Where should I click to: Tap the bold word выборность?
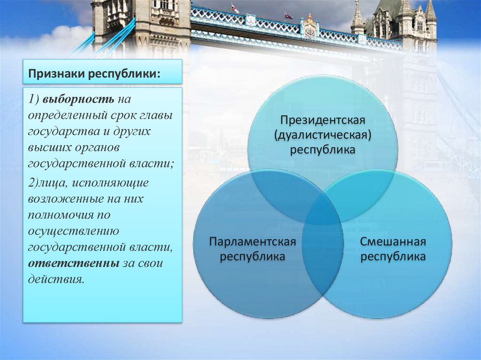click(x=79, y=100)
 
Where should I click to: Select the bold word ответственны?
click(x=73, y=263)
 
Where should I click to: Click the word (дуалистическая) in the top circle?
click(x=323, y=136)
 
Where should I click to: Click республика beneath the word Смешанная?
click(x=393, y=257)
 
